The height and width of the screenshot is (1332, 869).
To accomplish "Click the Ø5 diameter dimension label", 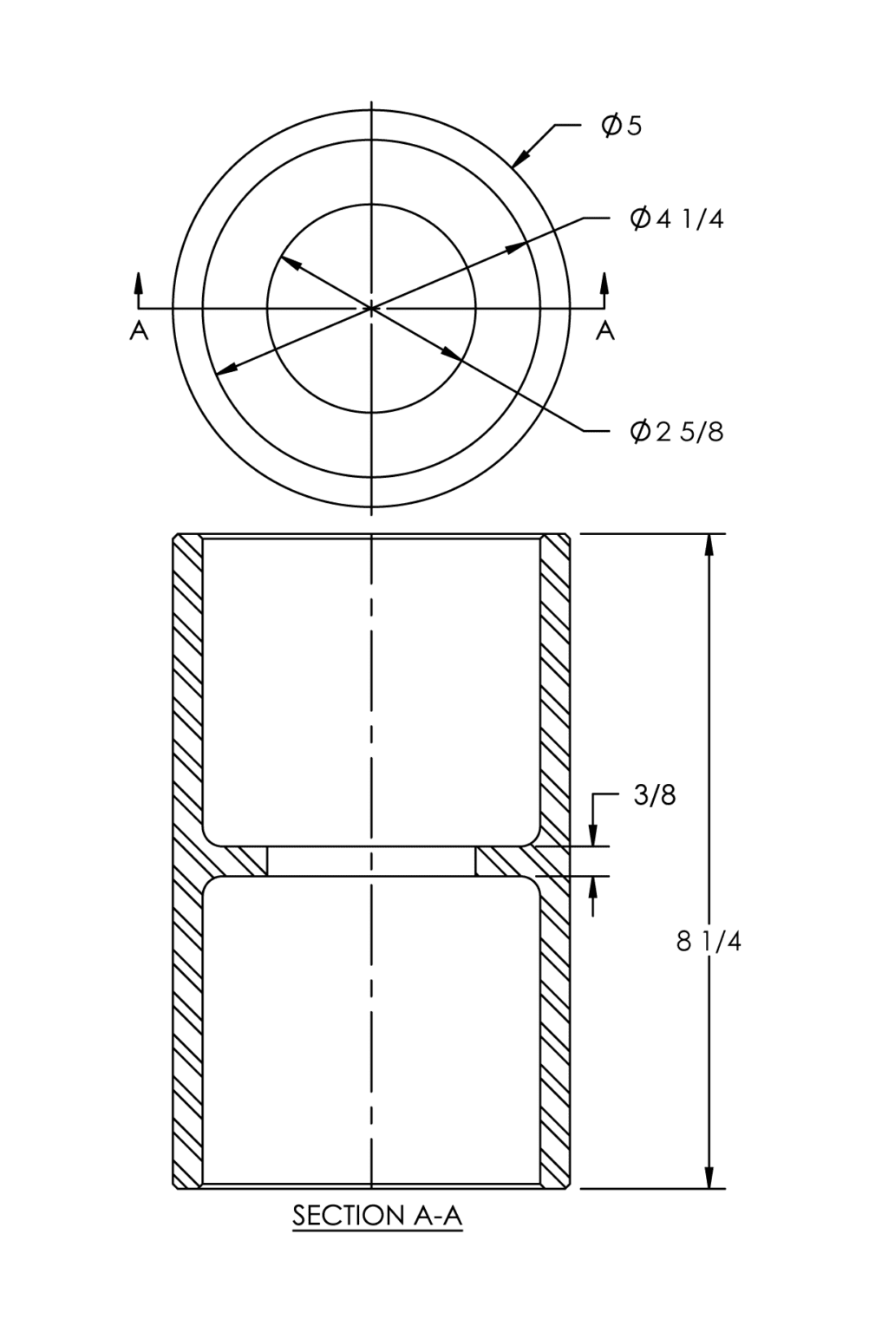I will pyautogui.click(x=622, y=127).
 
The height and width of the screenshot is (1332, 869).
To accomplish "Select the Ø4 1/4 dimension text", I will pyautogui.click(x=676, y=219).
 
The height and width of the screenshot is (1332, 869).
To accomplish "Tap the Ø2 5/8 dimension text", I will pyautogui.click(x=676, y=431).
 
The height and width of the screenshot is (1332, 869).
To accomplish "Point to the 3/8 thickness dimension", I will pyautogui.click(x=655, y=795).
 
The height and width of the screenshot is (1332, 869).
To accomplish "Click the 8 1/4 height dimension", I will pyautogui.click(x=709, y=941).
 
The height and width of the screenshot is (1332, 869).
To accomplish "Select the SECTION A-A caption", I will pyautogui.click(x=377, y=1216).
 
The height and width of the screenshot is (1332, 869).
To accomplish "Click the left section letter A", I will pyautogui.click(x=139, y=330).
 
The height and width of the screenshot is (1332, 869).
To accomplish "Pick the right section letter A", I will pyautogui.click(x=605, y=330).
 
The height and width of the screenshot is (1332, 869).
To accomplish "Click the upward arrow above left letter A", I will pyautogui.click(x=139, y=281).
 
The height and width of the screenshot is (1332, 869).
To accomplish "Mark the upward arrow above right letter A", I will pyautogui.click(x=605, y=281).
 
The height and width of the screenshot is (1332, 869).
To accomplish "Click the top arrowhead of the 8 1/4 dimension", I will pyautogui.click(x=710, y=545).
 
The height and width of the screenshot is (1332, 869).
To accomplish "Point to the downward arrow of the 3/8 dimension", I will pyautogui.click(x=594, y=836).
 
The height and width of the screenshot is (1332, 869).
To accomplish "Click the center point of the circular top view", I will pyautogui.click(x=371, y=308).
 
